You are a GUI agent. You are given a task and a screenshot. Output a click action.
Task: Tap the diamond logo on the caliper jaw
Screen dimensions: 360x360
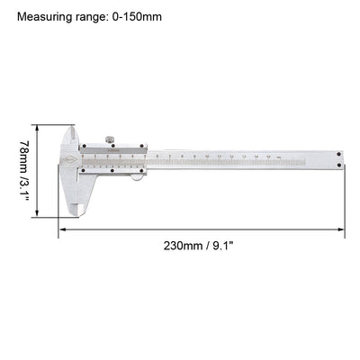pos(69,162)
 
